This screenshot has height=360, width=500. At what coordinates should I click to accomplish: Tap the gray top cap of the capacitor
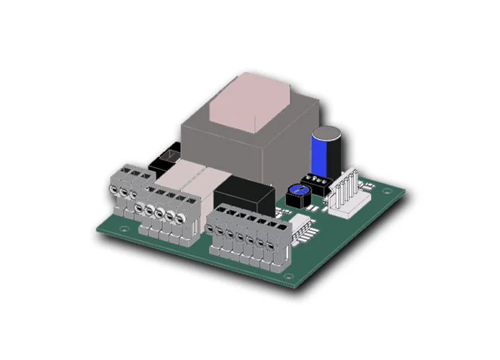pyautogui.click(x=326, y=133)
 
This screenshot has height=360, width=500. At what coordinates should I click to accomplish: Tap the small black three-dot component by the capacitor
pyautogui.click(x=315, y=180)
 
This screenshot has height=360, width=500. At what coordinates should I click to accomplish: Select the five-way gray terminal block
pyautogui.click(x=162, y=212)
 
